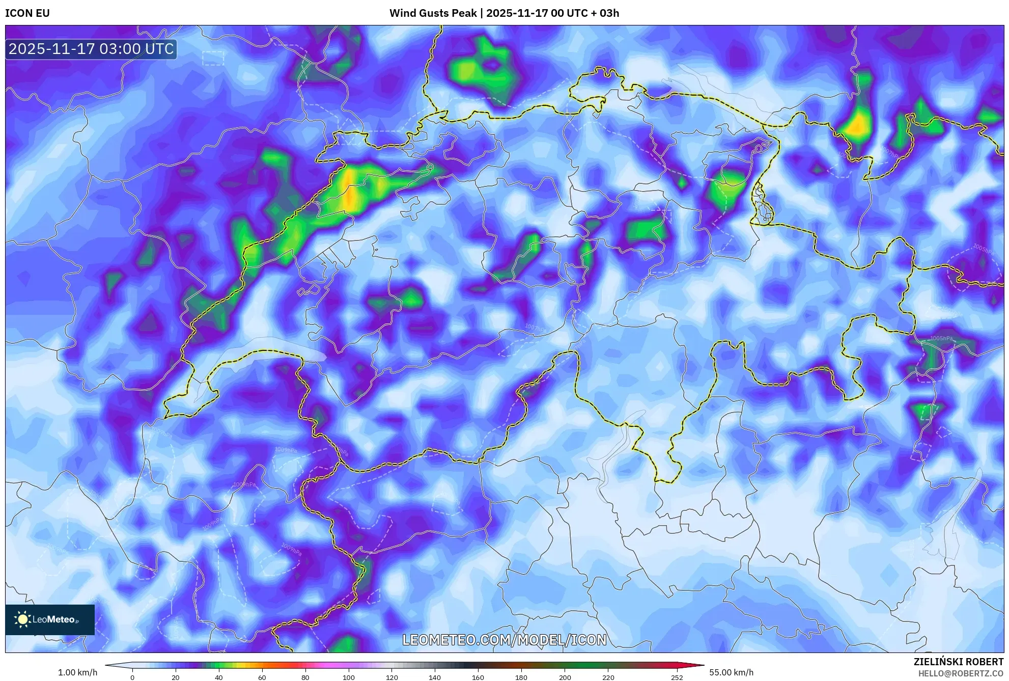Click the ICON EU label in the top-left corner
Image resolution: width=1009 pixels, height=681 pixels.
pyautogui.click(x=27, y=13)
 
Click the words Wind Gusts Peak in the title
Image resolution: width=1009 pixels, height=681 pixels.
pyautogui.click(x=433, y=13)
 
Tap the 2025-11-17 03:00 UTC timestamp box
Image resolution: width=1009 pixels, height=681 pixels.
pyautogui.click(x=91, y=49)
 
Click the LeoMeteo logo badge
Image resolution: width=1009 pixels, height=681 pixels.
pyautogui.click(x=50, y=619)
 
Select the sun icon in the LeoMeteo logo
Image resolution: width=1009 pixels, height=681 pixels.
pyautogui.click(x=22, y=619)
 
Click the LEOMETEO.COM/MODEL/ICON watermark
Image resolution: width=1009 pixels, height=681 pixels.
pyautogui.click(x=504, y=640)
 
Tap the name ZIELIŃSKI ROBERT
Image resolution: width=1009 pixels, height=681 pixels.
pyautogui.click(x=958, y=662)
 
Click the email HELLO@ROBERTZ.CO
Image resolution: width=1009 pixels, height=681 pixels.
pyautogui.click(x=960, y=673)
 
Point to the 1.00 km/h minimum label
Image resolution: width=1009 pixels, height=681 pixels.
pyautogui.click(x=77, y=672)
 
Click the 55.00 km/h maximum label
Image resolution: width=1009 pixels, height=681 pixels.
pyautogui.click(x=731, y=672)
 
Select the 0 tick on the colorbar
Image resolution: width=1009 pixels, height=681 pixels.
pyautogui.click(x=132, y=677)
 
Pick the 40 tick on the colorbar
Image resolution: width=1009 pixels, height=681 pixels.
pyautogui.click(x=219, y=677)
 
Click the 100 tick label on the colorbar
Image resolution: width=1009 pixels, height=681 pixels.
pyautogui.click(x=348, y=677)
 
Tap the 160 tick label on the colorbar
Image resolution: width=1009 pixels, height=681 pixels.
pyautogui.click(x=478, y=677)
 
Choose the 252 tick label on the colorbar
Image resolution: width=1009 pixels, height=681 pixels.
pyautogui.click(x=677, y=677)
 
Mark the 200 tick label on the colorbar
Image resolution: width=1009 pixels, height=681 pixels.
pyautogui.click(x=565, y=677)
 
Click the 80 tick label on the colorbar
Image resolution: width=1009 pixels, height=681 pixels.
pyautogui.click(x=305, y=677)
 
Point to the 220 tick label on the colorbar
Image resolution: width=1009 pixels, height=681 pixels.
pyautogui.click(x=608, y=677)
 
